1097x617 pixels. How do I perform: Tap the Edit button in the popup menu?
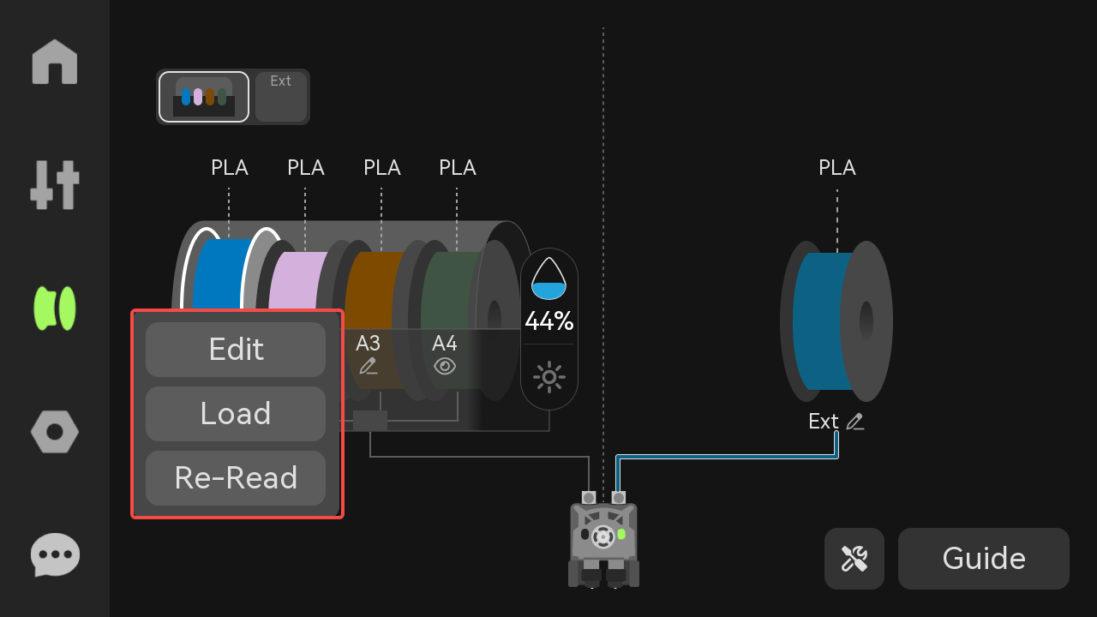(x=236, y=349)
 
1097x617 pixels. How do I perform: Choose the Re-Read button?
(x=236, y=478)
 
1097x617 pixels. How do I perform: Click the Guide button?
(x=983, y=558)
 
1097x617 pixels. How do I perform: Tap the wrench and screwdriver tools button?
(x=854, y=558)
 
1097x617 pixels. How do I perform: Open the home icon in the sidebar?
(x=55, y=63)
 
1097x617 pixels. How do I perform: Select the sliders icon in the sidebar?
(x=55, y=185)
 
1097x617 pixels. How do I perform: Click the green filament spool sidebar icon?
(x=55, y=308)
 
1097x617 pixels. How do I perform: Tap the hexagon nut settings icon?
(x=55, y=432)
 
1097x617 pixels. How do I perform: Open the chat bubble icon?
(x=55, y=554)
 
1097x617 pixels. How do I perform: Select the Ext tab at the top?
(x=281, y=97)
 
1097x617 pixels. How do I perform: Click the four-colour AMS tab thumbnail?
(x=204, y=97)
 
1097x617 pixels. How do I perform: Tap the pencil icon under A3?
(x=369, y=366)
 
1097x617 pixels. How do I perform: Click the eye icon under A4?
(x=445, y=366)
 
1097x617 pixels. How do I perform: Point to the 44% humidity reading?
(x=549, y=321)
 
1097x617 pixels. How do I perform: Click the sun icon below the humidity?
(x=549, y=377)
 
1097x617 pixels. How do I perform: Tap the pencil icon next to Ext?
(x=855, y=422)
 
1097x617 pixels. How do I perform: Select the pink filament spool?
(x=297, y=280)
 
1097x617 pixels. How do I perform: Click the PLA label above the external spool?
(x=837, y=167)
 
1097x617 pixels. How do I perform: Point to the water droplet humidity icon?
(x=549, y=279)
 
